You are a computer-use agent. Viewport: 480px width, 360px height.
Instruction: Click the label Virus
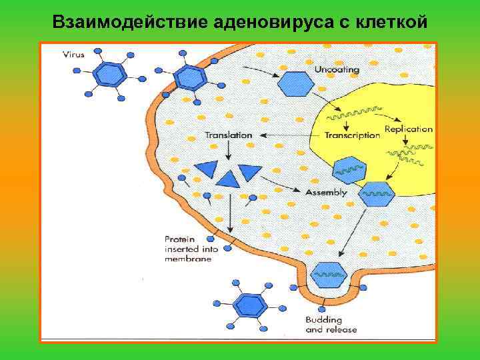point(74,55)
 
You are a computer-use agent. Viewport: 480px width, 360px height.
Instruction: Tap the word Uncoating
point(337,69)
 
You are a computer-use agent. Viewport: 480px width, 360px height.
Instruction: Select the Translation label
point(229,135)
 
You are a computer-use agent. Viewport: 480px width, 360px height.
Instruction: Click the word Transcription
point(352,135)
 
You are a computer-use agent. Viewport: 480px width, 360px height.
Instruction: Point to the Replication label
point(409,129)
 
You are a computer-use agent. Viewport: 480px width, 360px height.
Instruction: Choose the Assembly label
point(326,193)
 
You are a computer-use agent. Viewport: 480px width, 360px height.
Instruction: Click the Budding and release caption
point(331,324)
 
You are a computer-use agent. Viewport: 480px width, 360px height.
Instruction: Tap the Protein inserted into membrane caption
point(191,249)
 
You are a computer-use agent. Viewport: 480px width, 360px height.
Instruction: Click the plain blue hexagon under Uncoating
point(295,83)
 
